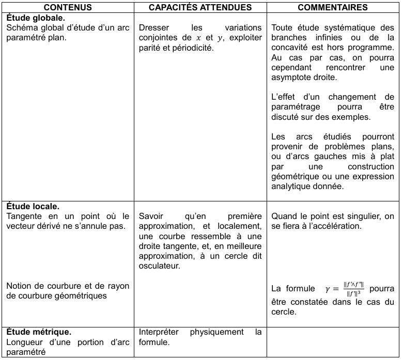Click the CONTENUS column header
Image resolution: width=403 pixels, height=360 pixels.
[68, 8]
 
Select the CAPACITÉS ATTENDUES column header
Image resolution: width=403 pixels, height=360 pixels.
[200, 8]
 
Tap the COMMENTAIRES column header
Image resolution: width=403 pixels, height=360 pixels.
[333, 8]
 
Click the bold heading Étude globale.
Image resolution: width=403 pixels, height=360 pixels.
[36, 17]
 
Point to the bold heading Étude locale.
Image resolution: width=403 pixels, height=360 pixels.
[33, 206]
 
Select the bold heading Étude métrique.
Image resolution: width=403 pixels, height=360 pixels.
[39, 332]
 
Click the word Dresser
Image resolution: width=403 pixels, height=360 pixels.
[153, 27]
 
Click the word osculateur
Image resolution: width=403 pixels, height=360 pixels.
[159, 266]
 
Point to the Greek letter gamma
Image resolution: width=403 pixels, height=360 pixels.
[327, 289]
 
